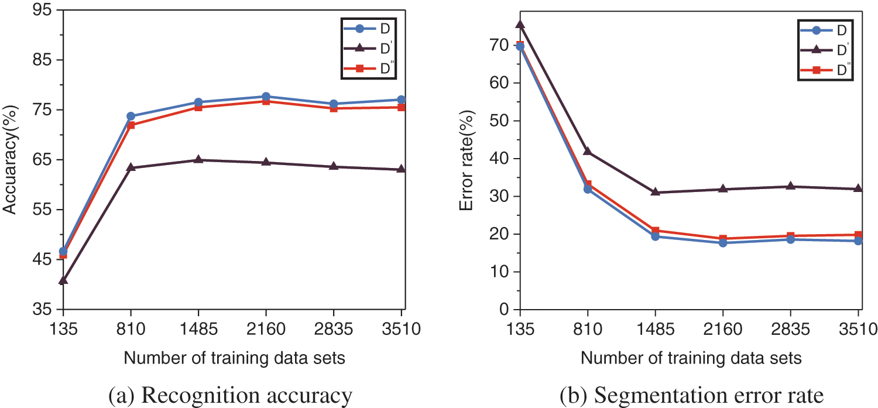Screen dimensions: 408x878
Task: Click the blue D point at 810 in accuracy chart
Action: coord(131,116)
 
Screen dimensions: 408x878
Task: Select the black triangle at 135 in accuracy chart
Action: coord(63,280)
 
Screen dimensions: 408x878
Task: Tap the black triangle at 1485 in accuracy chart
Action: coord(198,159)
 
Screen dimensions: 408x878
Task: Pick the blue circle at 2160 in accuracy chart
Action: coord(266,97)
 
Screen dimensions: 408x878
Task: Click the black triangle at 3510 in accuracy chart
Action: coord(401,169)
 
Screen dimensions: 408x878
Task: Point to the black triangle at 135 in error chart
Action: coord(520,25)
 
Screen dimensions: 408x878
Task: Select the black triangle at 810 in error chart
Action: coord(588,152)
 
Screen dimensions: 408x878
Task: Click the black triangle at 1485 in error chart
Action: coord(656,192)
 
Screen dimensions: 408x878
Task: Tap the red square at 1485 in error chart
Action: coord(656,231)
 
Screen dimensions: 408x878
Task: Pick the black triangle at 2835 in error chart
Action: coord(791,186)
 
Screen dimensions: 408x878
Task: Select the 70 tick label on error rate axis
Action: coord(499,45)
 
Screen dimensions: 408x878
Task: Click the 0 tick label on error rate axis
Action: coord(503,310)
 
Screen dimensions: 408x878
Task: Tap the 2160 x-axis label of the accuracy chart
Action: coord(266,330)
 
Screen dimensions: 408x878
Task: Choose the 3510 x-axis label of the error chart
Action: coord(858,330)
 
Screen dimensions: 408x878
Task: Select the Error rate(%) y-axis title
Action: coord(468,159)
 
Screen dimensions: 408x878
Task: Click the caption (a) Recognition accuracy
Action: coord(232,395)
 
